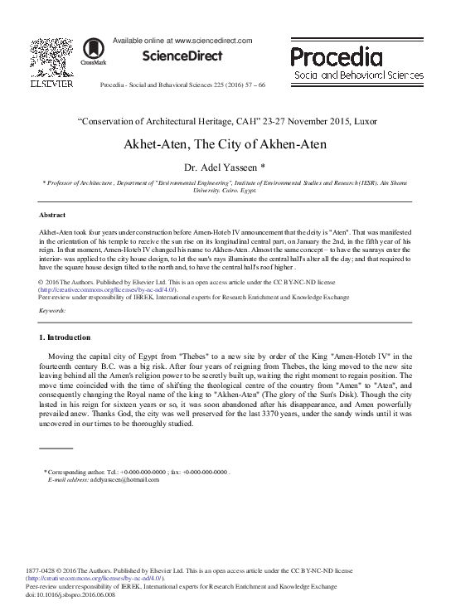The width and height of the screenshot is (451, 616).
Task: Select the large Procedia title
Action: point(336,56)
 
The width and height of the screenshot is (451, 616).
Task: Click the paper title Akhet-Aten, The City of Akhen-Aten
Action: point(225,143)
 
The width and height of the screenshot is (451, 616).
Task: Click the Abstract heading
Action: point(53,213)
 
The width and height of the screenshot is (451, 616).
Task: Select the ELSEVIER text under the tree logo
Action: point(47,83)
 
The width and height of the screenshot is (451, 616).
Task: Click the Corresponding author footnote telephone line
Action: point(137,472)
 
